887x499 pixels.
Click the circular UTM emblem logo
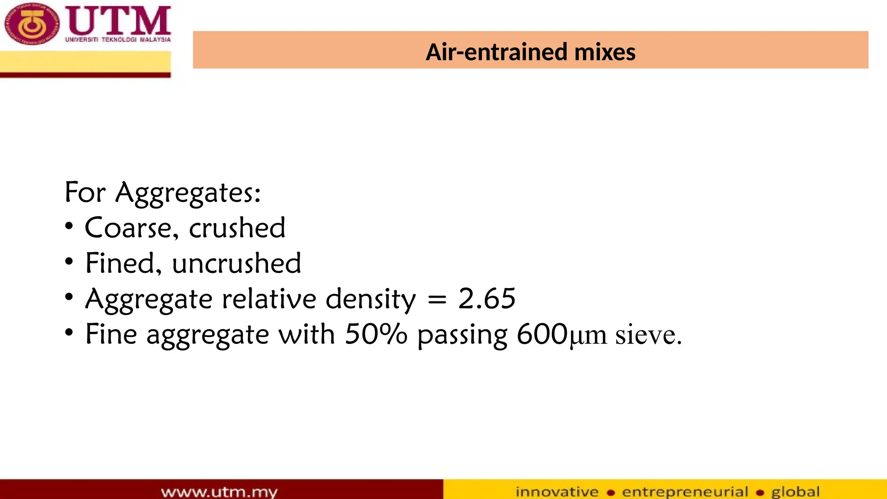click(31, 24)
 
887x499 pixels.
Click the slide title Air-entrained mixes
click(530, 52)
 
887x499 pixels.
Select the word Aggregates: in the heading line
click(188, 193)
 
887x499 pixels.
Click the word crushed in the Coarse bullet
click(237, 228)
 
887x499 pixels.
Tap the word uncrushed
click(236, 263)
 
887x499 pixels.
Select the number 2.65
click(487, 299)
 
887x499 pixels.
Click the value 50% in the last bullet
click(376, 334)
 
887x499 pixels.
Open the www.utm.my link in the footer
click(219, 492)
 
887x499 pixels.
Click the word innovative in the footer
click(557, 492)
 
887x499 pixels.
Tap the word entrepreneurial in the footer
click(685, 492)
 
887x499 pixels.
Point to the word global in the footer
click(795, 492)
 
